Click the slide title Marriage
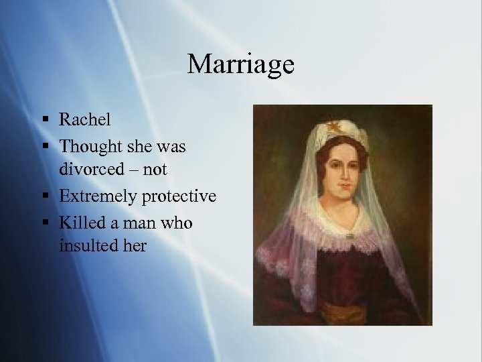(240, 64)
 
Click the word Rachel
(85, 119)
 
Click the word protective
(180, 196)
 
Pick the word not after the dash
(155, 170)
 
